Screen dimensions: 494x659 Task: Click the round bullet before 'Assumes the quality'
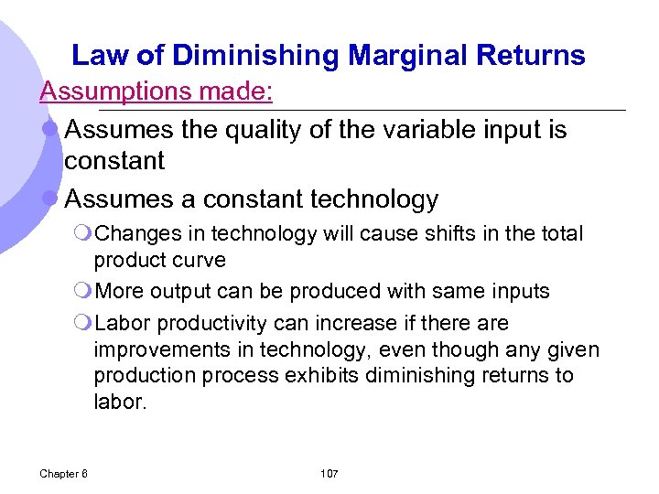point(51,130)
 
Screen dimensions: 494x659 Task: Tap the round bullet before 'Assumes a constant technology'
point(51,199)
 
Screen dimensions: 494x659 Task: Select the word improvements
point(154,350)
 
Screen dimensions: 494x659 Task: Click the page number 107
point(329,473)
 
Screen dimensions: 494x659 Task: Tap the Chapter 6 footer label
point(64,473)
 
